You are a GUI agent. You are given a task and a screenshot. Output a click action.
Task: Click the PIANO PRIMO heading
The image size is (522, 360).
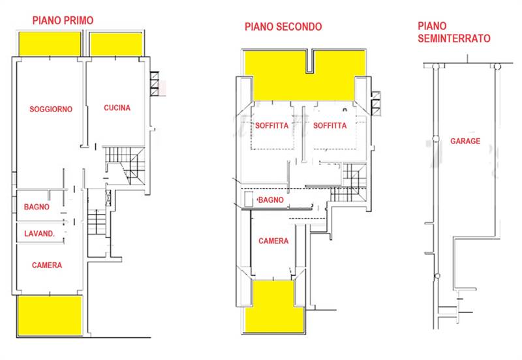(63, 20)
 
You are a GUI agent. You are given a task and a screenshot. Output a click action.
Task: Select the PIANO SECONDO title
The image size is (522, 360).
(283, 27)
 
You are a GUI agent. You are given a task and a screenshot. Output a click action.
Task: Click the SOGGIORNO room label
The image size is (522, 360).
(50, 109)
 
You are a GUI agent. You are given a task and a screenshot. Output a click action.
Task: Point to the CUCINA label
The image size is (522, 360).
(117, 108)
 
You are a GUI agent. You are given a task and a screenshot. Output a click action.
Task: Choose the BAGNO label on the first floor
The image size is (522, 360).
(37, 207)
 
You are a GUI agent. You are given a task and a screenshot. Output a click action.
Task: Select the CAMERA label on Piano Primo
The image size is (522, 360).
(46, 265)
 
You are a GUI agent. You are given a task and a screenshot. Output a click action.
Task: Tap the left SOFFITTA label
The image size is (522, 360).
(273, 126)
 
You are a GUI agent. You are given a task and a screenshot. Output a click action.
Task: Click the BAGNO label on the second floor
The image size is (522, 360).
(271, 200)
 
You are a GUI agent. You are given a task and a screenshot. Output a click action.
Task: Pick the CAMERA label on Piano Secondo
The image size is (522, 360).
(273, 241)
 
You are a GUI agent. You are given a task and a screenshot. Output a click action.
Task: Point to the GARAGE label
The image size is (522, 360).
(465, 141)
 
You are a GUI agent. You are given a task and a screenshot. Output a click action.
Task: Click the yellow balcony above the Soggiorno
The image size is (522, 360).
(48, 44)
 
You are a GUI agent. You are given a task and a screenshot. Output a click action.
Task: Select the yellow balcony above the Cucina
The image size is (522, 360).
(116, 44)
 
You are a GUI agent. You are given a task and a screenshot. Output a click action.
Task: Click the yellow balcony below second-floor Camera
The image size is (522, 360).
(273, 304)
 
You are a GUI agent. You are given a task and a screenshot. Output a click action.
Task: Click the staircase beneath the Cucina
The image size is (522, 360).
(121, 163)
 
